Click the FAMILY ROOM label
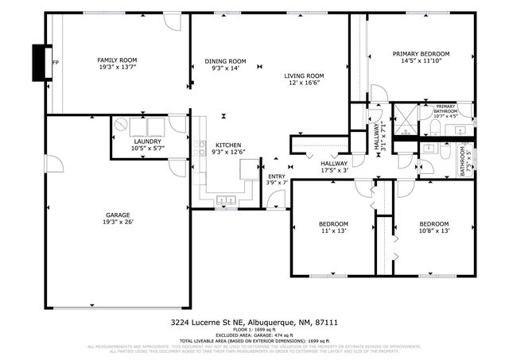[x=117, y=60]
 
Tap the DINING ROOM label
[x=226, y=61]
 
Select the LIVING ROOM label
[x=304, y=76]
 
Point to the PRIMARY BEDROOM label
[x=421, y=54]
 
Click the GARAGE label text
[x=118, y=215]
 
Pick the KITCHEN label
[x=228, y=145]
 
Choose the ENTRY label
[x=276, y=176]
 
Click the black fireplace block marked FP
[x=38, y=61]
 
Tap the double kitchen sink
[x=227, y=199]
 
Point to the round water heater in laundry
[x=122, y=125]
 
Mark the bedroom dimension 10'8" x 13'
[x=434, y=231]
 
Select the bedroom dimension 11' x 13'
[x=334, y=231]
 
